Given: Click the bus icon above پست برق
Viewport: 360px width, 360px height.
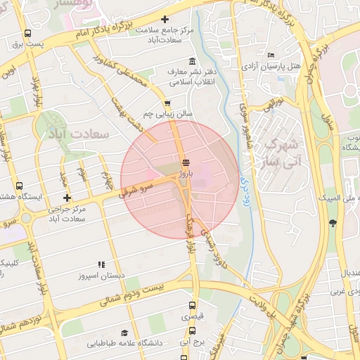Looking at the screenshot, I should [27, 33].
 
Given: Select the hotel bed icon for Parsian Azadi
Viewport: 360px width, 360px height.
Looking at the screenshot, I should [271, 56].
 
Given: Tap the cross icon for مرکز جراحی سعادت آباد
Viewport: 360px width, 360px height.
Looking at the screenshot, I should [67, 198].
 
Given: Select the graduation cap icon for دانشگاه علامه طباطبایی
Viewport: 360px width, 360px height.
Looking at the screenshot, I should [124, 333].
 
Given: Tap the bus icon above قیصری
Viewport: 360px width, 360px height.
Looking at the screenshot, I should [193, 306].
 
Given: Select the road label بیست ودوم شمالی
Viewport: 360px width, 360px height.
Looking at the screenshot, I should [132, 295].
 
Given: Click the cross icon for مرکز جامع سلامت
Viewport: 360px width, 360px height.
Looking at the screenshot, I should [165, 19].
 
